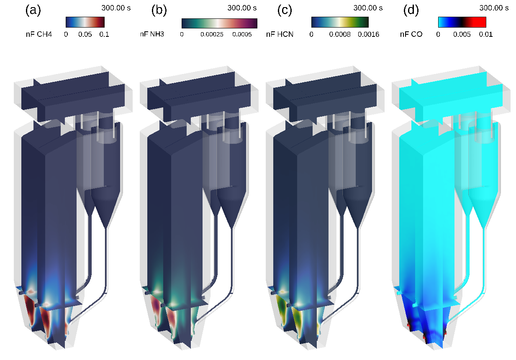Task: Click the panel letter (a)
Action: (x=33, y=10)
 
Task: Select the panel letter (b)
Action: (x=159, y=10)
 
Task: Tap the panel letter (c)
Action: (x=285, y=10)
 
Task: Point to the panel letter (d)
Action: (x=411, y=10)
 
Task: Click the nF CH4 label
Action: (x=39, y=34)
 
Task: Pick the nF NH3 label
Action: (x=152, y=34)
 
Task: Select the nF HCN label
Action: (x=280, y=34)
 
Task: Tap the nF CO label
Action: (x=411, y=34)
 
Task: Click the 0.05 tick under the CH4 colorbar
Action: (x=85, y=35)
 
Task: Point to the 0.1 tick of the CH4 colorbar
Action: (x=104, y=35)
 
